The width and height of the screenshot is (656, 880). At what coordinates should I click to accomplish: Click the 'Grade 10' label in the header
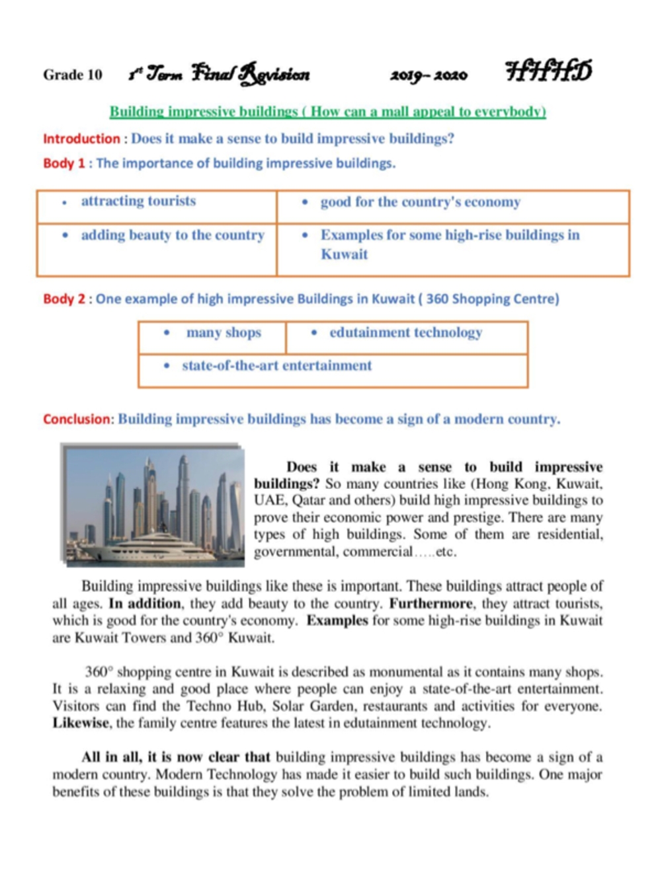(73, 75)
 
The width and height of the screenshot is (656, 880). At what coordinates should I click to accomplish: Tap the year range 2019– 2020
(429, 75)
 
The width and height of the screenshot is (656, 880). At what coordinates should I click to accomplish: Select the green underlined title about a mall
(327, 112)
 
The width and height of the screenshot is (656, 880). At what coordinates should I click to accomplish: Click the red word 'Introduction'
(81, 139)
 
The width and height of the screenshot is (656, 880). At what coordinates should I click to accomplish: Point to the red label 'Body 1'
(64, 163)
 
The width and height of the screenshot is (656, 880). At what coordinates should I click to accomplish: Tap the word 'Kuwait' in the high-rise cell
(345, 254)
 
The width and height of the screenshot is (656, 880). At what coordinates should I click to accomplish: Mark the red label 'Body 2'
(64, 299)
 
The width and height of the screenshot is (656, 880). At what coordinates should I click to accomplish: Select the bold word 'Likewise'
(81, 723)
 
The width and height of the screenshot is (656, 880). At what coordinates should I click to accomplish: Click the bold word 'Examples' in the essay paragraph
(337, 620)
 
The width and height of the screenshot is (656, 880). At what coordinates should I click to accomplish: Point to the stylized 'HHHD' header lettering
(548, 71)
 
